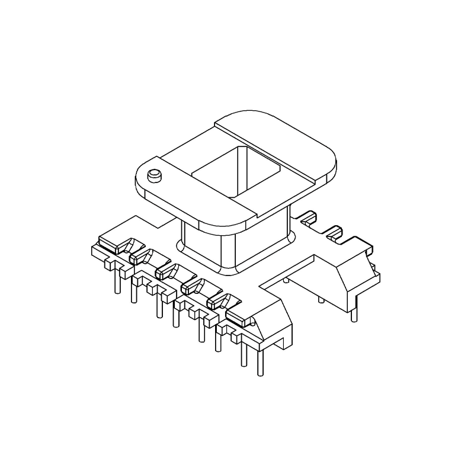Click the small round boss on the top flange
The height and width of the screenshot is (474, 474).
[x=155, y=175]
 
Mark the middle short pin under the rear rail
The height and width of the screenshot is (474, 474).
[x=321, y=299]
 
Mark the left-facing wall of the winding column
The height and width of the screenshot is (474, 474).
[x=201, y=249]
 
